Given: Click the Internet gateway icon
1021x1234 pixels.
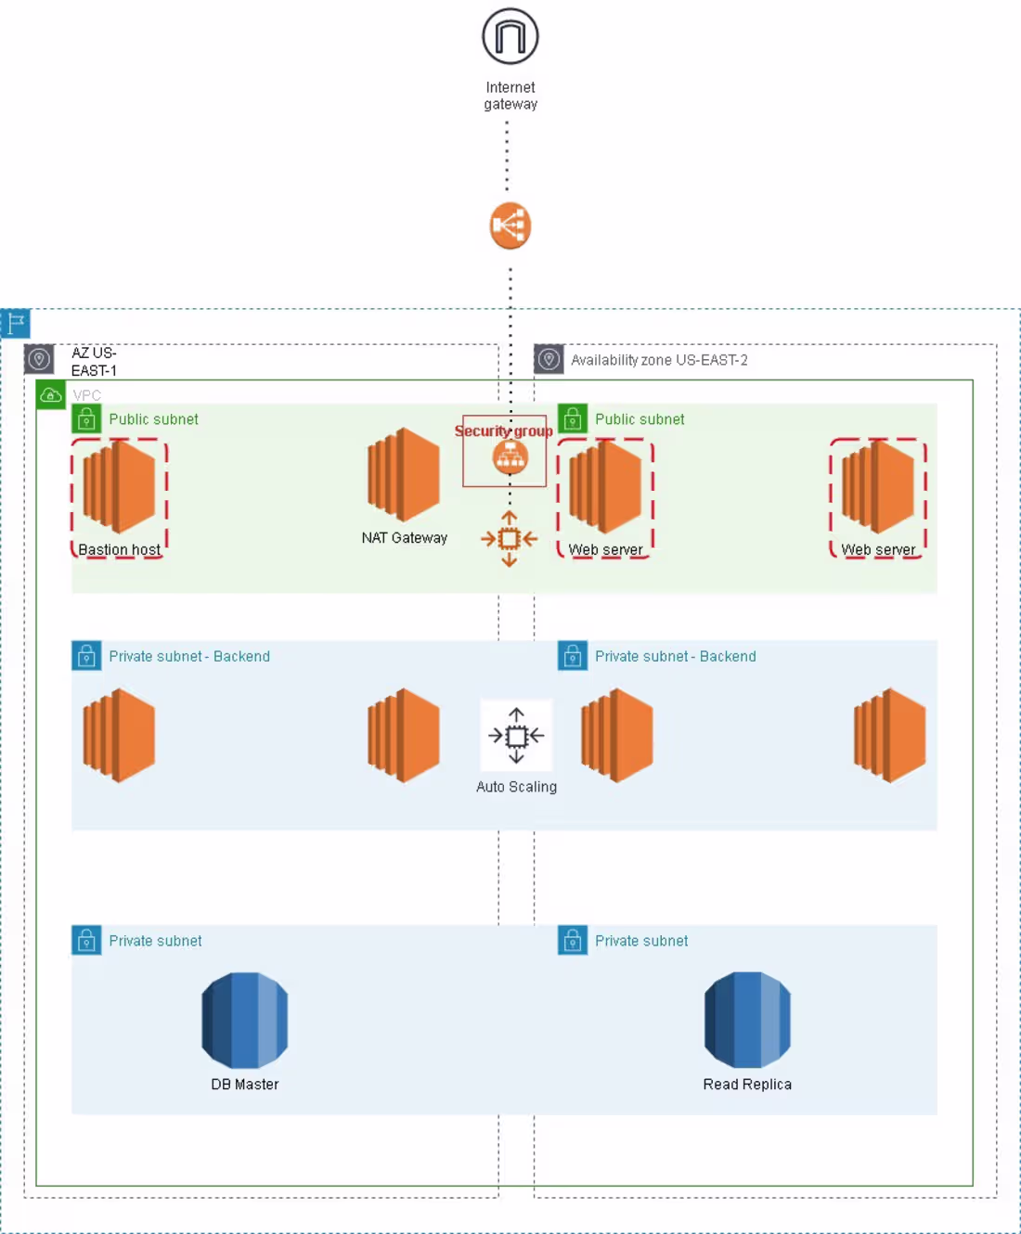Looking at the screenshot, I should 510,37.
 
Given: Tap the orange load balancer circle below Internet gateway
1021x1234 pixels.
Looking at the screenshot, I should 510,225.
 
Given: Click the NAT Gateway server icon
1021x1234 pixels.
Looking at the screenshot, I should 404,474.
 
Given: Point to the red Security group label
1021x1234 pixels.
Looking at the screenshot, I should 503,431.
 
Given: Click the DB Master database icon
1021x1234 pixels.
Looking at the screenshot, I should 245,1020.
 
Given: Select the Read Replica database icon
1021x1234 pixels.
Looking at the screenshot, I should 747,1020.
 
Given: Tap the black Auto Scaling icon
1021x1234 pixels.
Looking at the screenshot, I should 516,736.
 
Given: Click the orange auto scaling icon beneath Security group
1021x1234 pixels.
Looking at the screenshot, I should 509,538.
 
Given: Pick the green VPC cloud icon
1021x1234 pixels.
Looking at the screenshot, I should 51,395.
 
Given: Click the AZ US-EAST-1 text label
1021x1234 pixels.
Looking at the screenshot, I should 94,361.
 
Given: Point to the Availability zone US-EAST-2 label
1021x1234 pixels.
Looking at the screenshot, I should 659,360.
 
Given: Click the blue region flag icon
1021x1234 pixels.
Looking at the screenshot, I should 16,323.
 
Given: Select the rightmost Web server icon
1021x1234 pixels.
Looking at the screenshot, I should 878,488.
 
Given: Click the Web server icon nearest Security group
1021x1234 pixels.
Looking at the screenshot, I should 605,488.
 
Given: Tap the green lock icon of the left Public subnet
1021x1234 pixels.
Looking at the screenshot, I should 86,419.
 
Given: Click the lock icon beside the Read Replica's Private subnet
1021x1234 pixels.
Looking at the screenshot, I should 573,940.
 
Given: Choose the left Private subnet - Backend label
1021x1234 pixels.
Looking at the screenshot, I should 189,656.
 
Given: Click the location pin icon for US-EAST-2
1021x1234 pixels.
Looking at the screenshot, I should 549,359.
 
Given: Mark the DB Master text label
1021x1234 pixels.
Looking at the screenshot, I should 245,1084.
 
